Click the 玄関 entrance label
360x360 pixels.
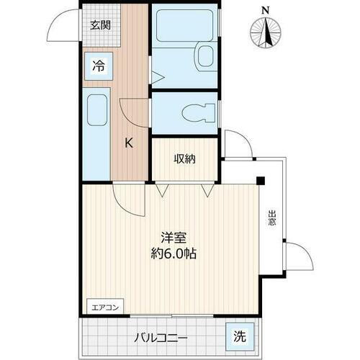(x=99, y=26)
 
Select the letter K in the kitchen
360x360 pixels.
(x=129, y=143)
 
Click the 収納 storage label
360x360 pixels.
(x=185, y=159)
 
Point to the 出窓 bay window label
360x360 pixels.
(x=272, y=218)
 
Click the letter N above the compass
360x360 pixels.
(x=266, y=10)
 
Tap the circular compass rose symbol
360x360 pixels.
(x=266, y=33)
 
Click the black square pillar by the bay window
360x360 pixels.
(x=262, y=180)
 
